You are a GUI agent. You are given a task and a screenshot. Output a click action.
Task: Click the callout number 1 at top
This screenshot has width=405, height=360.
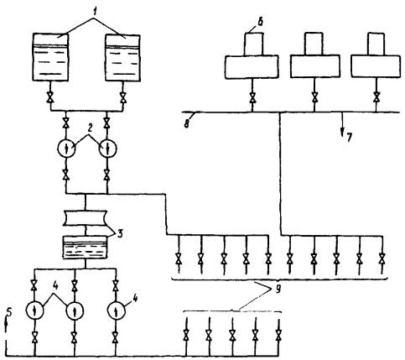tap(96, 12)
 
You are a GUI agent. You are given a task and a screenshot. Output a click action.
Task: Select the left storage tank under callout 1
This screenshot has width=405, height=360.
tap(50, 57)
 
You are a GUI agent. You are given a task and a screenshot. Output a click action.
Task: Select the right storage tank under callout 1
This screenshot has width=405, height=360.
tap(122, 58)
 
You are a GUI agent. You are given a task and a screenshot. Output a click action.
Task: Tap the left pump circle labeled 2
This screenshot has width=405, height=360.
tap(66, 149)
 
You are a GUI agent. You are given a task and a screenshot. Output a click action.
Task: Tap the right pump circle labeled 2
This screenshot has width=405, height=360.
tap(108, 149)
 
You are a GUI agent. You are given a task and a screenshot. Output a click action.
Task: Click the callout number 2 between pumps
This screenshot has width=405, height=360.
tap(89, 129)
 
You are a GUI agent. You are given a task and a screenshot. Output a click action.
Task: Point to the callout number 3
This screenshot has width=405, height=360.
tap(120, 233)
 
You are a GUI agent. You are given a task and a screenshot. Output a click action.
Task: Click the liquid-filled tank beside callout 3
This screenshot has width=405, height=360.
tap(85, 248)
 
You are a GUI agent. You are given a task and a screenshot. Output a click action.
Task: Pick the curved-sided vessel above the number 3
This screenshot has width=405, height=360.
tap(86, 218)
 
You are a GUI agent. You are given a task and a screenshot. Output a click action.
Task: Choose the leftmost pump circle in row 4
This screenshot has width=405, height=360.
tap(34, 310)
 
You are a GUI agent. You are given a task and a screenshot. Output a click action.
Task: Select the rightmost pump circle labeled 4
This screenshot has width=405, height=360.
tap(117, 310)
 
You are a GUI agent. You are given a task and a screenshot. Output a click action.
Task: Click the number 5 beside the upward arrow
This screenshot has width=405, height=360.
tap(9, 312)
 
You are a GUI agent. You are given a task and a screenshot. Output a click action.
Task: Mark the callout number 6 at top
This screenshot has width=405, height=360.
tap(260, 22)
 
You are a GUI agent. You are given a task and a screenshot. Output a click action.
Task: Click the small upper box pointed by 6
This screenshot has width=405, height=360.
tap(254, 44)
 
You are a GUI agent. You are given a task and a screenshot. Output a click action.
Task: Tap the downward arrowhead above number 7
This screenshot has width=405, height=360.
tap(342, 131)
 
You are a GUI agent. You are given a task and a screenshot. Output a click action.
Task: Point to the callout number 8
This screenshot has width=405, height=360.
tap(186, 123)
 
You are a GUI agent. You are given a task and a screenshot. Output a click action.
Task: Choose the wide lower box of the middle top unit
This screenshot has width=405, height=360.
tap(315, 66)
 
